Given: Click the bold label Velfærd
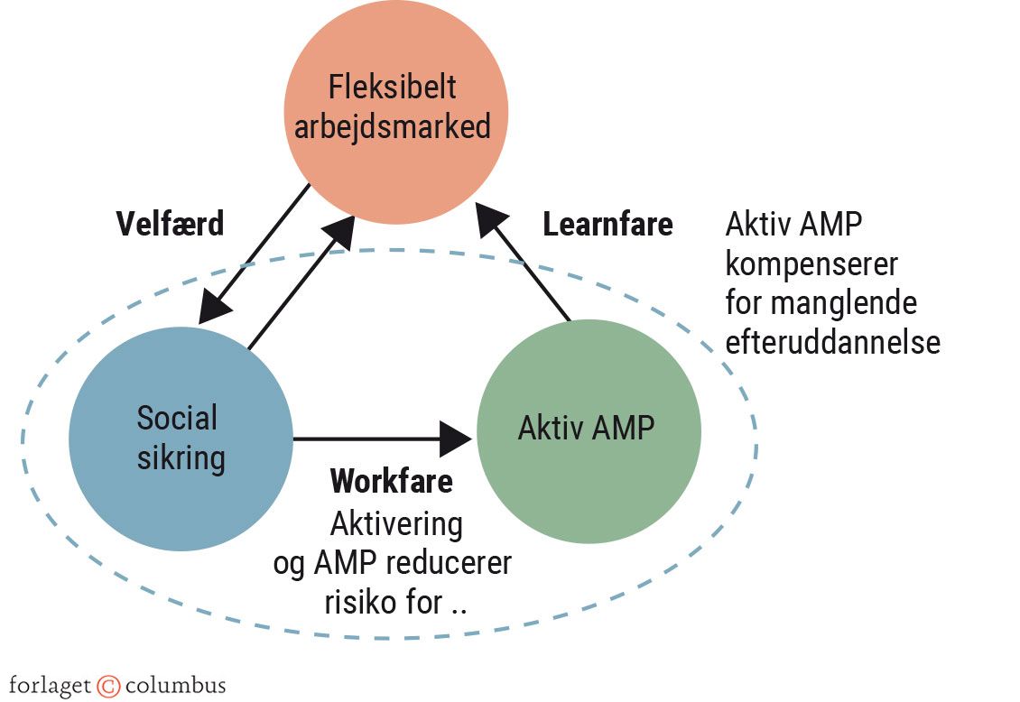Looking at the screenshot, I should point(170,224).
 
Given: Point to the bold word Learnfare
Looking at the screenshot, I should point(607,224).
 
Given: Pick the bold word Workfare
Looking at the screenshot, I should point(391,481).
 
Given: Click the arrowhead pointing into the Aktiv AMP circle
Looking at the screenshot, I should point(455,439).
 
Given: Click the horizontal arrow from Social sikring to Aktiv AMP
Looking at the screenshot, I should point(370,439).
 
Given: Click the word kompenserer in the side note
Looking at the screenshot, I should point(811,265).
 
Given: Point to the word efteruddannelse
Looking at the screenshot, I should point(832,343).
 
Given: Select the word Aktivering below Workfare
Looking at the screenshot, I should point(396,523).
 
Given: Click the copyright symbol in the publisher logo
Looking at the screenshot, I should point(108,685).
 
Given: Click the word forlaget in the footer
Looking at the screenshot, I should point(50,685).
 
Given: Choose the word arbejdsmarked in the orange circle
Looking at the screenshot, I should point(393,126).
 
